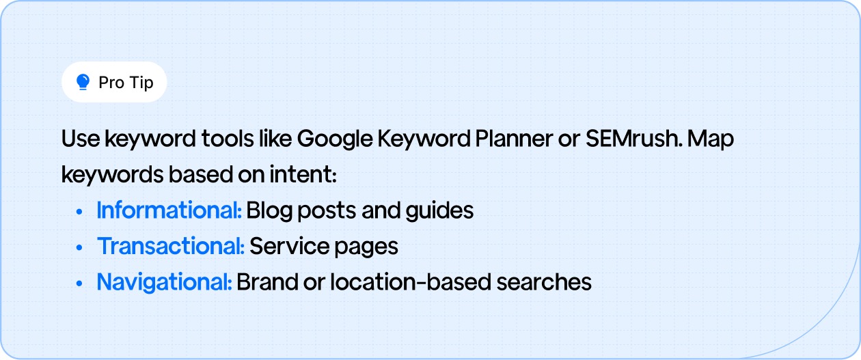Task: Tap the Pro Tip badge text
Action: tap(126, 83)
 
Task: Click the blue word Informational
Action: tap(169, 210)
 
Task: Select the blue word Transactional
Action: tap(171, 246)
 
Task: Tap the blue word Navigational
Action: tap(164, 281)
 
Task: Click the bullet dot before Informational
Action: tap(81, 212)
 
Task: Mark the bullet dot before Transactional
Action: tap(81, 247)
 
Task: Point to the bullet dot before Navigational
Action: tap(81, 283)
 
